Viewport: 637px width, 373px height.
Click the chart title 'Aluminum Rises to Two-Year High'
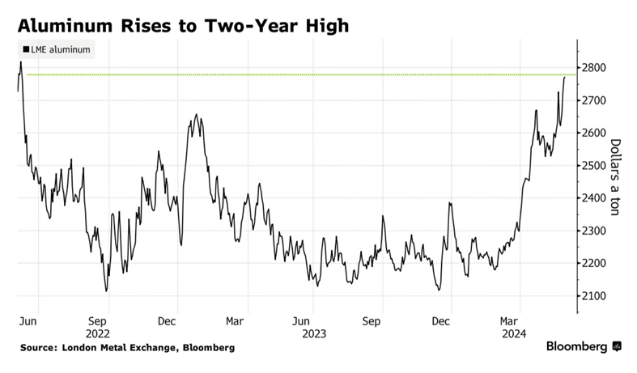pyautogui.click(x=184, y=25)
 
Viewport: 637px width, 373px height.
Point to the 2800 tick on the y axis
pyautogui.click(x=593, y=68)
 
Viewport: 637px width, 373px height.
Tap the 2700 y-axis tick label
pyautogui.click(x=593, y=100)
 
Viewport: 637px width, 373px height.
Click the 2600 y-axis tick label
pyautogui.click(x=593, y=133)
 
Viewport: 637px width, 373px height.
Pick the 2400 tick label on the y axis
pyautogui.click(x=593, y=198)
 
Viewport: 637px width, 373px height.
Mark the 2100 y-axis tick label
pyautogui.click(x=593, y=296)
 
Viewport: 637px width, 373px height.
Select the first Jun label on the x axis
pyautogui.click(x=28, y=321)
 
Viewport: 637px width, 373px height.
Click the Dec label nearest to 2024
pyautogui.click(x=440, y=321)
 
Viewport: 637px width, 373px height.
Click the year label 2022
pyautogui.click(x=97, y=333)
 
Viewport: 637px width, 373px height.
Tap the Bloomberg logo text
pyautogui.click(x=576, y=347)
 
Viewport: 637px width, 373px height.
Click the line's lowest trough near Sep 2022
pyautogui.click(x=106, y=290)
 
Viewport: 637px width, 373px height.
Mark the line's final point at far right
pyautogui.click(x=565, y=77)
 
